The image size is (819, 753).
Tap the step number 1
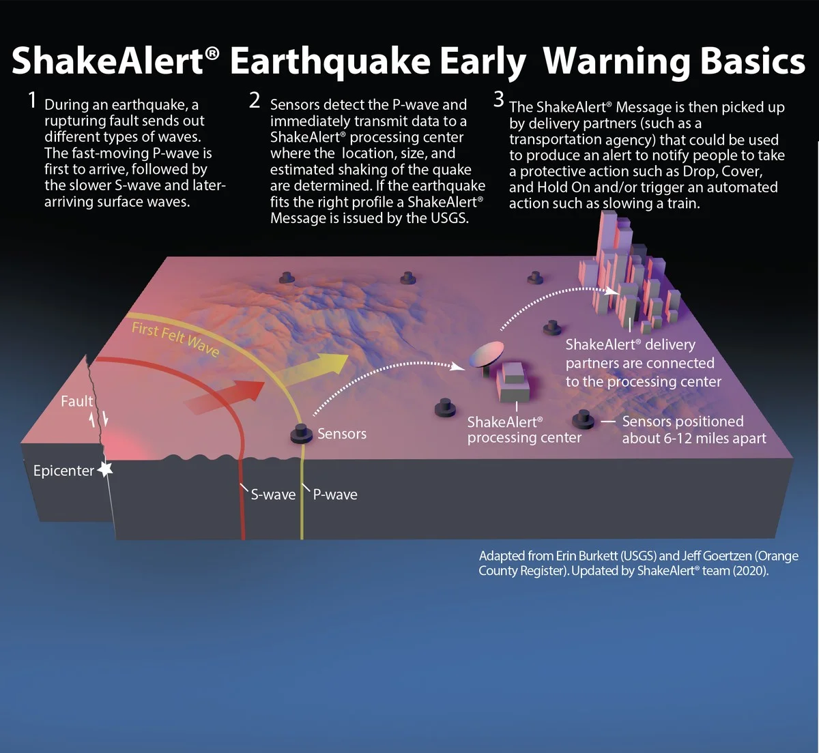pos(31,101)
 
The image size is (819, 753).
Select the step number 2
pos(255,101)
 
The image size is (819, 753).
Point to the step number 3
pos(499,100)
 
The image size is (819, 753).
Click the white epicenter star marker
pos(105,469)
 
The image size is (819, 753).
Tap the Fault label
pos(76,401)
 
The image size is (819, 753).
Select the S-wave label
pos(273,494)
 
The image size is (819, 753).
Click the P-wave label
pos(335,494)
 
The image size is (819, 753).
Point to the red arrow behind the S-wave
pos(225,395)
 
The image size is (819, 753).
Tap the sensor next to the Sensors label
pos(301,434)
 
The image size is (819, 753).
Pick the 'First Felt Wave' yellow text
pos(175,339)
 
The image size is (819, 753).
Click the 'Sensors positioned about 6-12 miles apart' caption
pos(693,430)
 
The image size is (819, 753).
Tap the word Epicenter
pos(63,471)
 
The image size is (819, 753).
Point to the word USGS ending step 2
pos(449,218)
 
